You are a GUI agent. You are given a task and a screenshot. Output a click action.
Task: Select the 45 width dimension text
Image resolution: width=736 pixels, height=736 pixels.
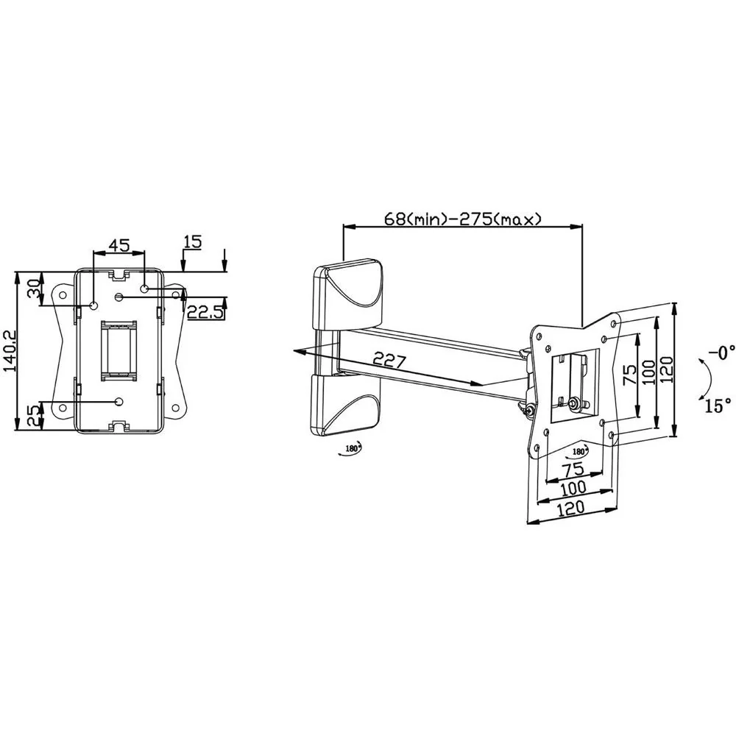click(119, 245)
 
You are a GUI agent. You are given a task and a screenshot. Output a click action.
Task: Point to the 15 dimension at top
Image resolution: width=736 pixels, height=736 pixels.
click(193, 241)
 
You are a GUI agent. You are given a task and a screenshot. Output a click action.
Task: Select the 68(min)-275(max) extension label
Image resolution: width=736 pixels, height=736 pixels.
click(463, 219)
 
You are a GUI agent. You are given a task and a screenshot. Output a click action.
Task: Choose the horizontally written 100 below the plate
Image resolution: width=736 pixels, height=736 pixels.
click(573, 487)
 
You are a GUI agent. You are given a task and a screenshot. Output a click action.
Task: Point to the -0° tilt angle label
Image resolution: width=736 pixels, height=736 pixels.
click(721, 353)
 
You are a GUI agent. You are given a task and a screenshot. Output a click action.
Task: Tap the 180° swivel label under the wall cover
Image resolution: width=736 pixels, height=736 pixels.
click(352, 448)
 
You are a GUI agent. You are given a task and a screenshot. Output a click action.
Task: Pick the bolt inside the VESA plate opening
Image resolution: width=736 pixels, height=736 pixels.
click(572, 403)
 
